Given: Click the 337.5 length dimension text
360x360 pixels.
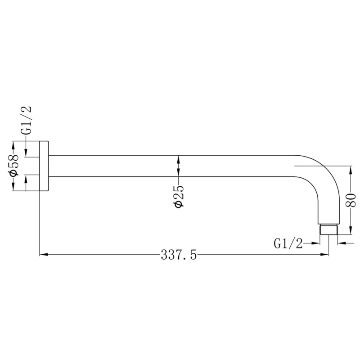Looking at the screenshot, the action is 179,255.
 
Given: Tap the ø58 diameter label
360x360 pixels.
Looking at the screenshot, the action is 14,165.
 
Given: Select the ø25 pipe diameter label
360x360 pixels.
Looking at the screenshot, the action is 179,196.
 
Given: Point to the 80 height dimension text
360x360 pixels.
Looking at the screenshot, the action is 351,201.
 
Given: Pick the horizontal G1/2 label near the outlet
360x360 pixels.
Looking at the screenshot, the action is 288,243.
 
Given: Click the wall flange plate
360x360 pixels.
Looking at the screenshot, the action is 44,166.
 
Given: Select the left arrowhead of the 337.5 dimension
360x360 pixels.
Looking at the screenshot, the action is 44,254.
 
